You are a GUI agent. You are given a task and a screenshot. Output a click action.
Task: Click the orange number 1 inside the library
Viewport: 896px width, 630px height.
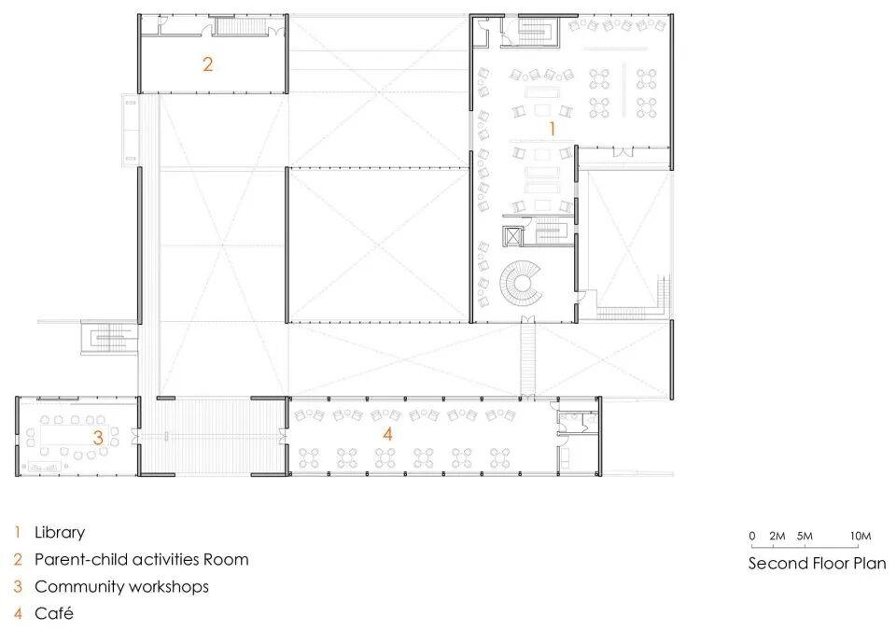pyautogui.click(x=552, y=129)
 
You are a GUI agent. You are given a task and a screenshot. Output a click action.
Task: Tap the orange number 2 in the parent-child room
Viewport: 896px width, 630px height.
pyautogui.click(x=207, y=63)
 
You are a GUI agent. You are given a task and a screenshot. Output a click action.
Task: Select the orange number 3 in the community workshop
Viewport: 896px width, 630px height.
pyautogui.click(x=98, y=438)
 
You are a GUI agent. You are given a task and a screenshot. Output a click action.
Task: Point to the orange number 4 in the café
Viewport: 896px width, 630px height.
pyautogui.click(x=387, y=434)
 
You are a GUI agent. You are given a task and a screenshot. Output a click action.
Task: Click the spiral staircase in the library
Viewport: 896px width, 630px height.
pyautogui.click(x=521, y=284)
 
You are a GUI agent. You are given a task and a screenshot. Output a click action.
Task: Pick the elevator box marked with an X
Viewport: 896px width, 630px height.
pyautogui.click(x=513, y=236)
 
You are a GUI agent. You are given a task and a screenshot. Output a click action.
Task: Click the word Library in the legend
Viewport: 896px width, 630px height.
pyautogui.click(x=60, y=533)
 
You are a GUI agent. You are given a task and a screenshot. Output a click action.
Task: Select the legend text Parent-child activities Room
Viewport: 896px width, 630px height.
pyautogui.click(x=142, y=559)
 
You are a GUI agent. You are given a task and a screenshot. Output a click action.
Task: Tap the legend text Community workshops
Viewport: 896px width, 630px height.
pyautogui.click(x=121, y=586)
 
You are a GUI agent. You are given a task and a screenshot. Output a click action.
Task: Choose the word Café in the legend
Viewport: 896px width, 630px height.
pyautogui.click(x=54, y=613)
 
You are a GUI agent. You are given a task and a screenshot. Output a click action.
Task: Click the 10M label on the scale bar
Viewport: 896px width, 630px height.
pyautogui.click(x=861, y=537)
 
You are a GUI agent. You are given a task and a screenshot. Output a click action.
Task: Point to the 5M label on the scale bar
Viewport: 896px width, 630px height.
pyautogui.click(x=805, y=537)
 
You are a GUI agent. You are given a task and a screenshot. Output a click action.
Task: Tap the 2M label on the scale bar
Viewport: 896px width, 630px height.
pyautogui.click(x=777, y=537)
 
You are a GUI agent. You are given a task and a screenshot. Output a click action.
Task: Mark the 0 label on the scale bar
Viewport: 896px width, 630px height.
pyautogui.click(x=752, y=537)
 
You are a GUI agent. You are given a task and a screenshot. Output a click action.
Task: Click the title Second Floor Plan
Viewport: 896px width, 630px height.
pyautogui.click(x=818, y=563)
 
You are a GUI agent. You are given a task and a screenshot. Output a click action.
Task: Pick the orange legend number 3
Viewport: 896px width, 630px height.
pyautogui.click(x=18, y=586)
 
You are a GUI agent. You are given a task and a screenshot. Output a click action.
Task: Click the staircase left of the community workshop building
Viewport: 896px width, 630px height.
pyautogui.click(x=110, y=339)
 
